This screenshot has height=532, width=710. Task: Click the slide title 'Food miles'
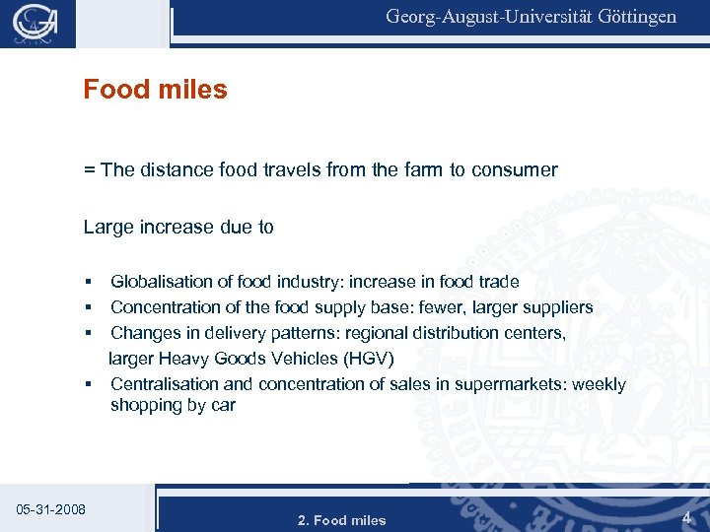(155, 90)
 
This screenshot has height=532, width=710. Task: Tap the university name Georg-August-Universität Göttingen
(531, 17)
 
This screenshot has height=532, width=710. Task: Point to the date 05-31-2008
(51, 509)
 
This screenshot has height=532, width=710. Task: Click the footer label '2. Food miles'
(341, 520)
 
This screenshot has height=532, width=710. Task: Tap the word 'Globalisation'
(162, 282)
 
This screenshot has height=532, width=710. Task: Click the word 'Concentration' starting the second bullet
(162, 307)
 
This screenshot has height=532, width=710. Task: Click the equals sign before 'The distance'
(89, 169)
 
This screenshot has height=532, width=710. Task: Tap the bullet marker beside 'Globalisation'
(88, 283)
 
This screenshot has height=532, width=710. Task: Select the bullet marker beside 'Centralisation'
(88, 385)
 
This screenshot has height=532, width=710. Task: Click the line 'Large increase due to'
(178, 227)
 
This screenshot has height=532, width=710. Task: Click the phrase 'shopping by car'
(173, 405)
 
